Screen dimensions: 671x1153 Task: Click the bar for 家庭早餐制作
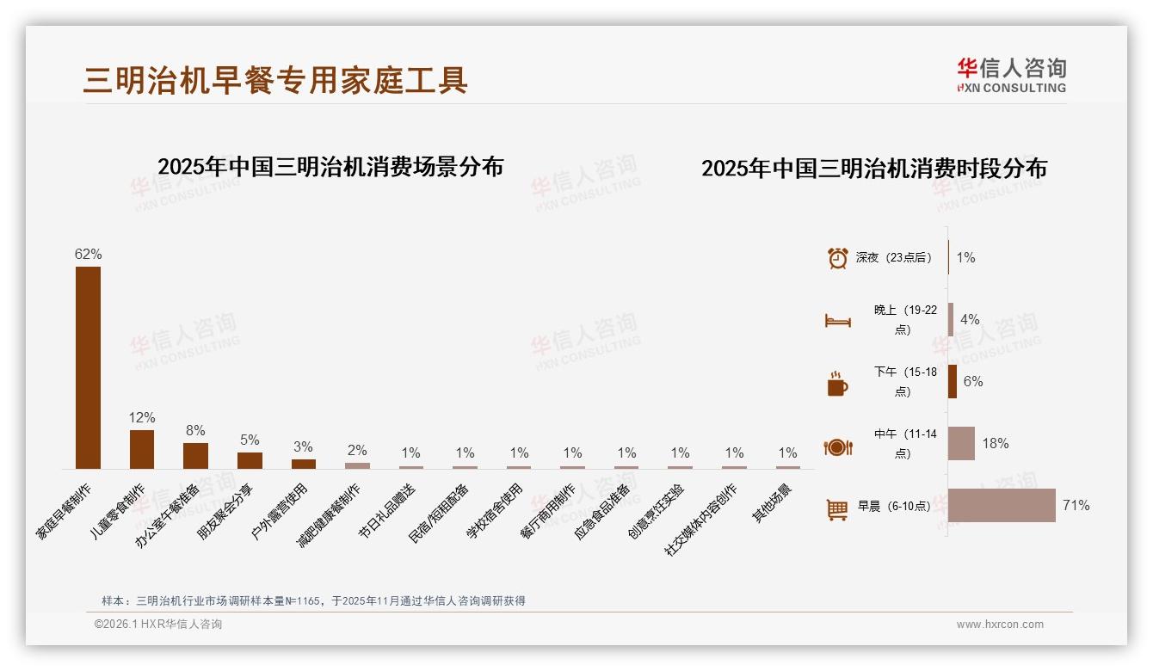point(88,367)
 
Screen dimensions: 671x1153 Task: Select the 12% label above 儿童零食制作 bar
point(142,418)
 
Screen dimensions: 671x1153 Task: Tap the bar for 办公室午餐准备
point(195,456)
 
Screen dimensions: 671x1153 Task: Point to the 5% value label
point(250,440)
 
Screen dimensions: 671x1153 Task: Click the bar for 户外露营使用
point(304,464)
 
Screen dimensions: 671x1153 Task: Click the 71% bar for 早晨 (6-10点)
point(1002,506)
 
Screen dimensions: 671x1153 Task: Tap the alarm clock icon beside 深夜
point(837,258)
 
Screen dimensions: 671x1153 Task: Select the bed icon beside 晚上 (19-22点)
point(837,321)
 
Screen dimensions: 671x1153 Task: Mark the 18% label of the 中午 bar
point(996,444)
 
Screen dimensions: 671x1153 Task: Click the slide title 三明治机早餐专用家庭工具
point(275,80)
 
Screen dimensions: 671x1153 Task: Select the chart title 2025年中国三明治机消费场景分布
point(330,167)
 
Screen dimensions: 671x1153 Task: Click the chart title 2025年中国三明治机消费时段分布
point(874,169)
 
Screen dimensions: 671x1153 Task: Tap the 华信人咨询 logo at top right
point(1011,75)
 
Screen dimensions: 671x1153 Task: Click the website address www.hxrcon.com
point(1000,625)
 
